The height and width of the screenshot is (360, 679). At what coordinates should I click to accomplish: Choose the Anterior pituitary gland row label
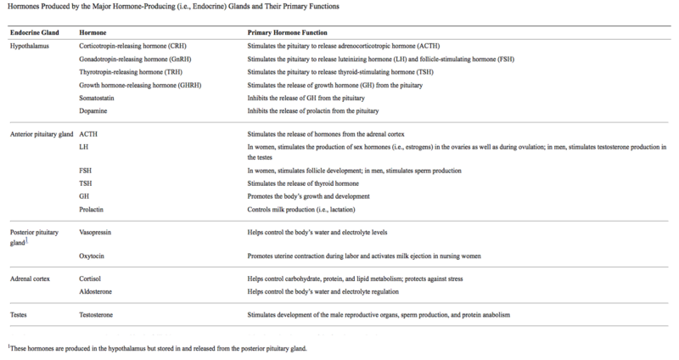[x=40, y=133]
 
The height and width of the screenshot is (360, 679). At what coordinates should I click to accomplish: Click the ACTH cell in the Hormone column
[x=88, y=133]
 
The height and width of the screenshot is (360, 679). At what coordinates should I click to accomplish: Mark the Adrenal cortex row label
[x=31, y=278]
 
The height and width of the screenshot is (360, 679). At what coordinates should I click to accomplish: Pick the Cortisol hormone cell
[x=92, y=278]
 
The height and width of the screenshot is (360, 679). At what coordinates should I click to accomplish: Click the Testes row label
[x=19, y=315]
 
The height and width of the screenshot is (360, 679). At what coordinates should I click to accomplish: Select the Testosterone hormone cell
[x=98, y=315]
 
